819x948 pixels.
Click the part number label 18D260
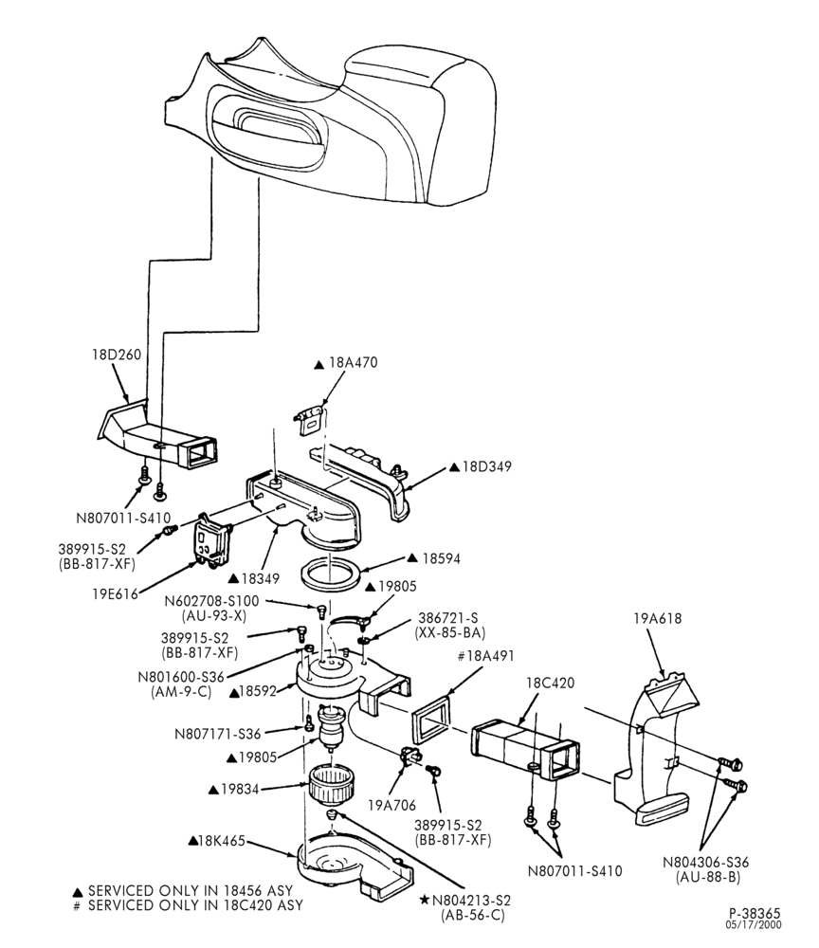pyautogui.click(x=116, y=354)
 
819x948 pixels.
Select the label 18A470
pyautogui.click(x=353, y=363)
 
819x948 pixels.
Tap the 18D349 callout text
pyautogui.click(x=486, y=466)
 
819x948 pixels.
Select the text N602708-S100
pyautogui.click(x=211, y=602)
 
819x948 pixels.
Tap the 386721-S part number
pyautogui.click(x=447, y=618)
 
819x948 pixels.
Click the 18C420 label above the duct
pyautogui.click(x=550, y=683)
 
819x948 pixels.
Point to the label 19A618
pyautogui.click(x=657, y=618)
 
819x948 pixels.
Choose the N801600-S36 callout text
pyautogui.click(x=181, y=677)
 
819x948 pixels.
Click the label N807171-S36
pyautogui.click(x=218, y=734)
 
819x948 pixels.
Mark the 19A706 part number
pyautogui.click(x=391, y=805)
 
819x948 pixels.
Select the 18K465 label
pyautogui.click(x=222, y=841)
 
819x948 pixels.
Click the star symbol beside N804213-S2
pyautogui.click(x=425, y=901)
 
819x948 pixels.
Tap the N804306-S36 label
pyautogui.click(x=705, y=862)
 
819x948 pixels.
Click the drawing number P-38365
pyautogui.click(x=754, y=914)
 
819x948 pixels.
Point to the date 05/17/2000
pyautogui.click(x=754, y=925)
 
